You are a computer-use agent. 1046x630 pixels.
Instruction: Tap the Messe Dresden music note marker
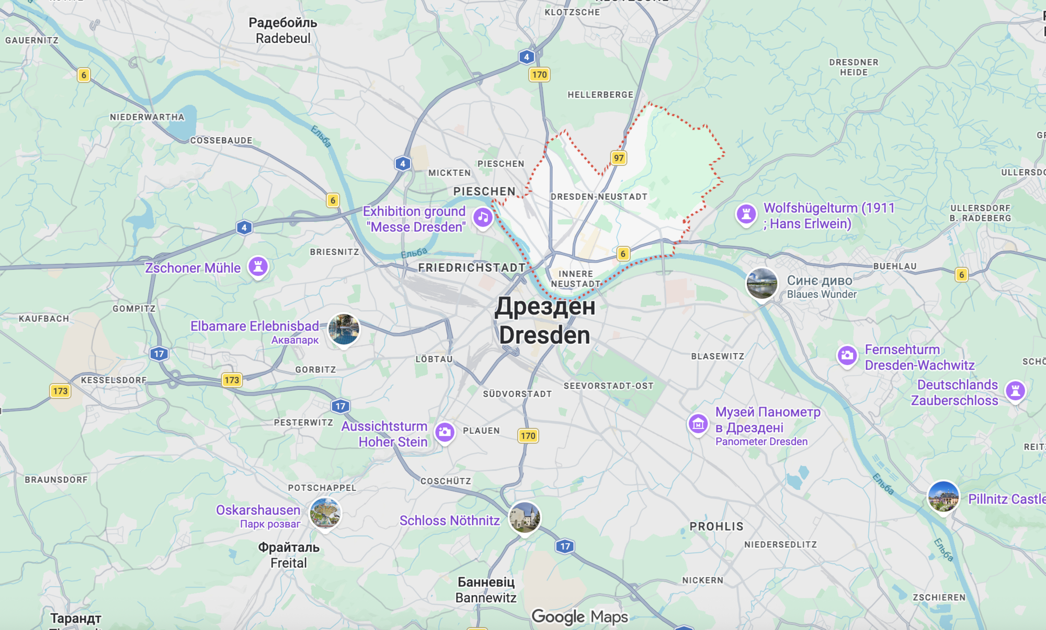[x=483, y=217]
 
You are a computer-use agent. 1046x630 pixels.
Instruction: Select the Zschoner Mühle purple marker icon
[x=258, y=266]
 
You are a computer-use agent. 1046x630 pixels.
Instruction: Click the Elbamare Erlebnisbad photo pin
[x=344, y=329]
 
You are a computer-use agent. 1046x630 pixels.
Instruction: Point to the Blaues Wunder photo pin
[x=761, y=283]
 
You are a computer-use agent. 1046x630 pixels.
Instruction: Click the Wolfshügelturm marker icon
[x=746, y=214]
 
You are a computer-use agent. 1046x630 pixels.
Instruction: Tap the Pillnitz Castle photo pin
[x=943, y=497]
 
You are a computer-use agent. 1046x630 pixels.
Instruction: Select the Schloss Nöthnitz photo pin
[x=525, y=517]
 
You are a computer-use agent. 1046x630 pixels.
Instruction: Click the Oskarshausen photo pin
[x=325, y=513]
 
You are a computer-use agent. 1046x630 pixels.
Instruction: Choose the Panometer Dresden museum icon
[x=698, y=424]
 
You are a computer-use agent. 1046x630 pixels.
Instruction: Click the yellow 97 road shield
[x=619, y=158]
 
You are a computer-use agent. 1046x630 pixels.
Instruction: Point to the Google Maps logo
[x=579, y=617]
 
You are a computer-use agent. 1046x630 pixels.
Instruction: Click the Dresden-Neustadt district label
[x=599, y=197]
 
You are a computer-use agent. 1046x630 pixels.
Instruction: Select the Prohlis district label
[x=717, y=526]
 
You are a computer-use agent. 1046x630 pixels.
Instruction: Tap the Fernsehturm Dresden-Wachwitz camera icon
[x=847, y=355]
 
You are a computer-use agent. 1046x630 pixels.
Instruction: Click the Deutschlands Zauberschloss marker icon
[x=1015, y=390]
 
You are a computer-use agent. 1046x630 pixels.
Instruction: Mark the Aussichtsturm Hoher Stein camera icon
[x=445, y=432]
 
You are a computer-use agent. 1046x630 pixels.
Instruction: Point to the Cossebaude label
[x=221, y=140]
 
